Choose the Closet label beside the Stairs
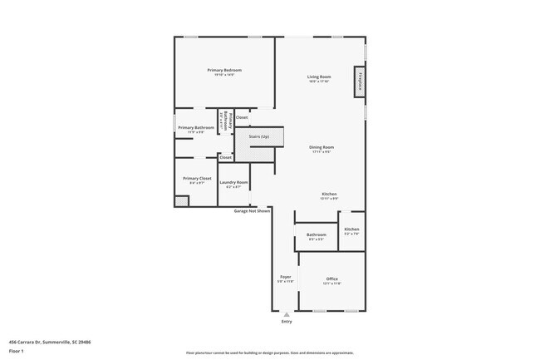click(x=242, y=117)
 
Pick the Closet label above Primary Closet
click(x=225, y=157)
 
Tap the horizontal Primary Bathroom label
click(x=196, y=127)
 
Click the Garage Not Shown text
click(x=252, y=211)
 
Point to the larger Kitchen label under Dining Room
click(x=330, y=194)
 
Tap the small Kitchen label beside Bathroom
click(x=351, y=229)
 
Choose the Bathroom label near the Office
click(x=317, y=234)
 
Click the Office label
click(x=331, y=279)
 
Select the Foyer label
click(x=285, y=278)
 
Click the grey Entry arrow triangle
click(x=287, y=314)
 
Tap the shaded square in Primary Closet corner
click(x=181, y=200)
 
